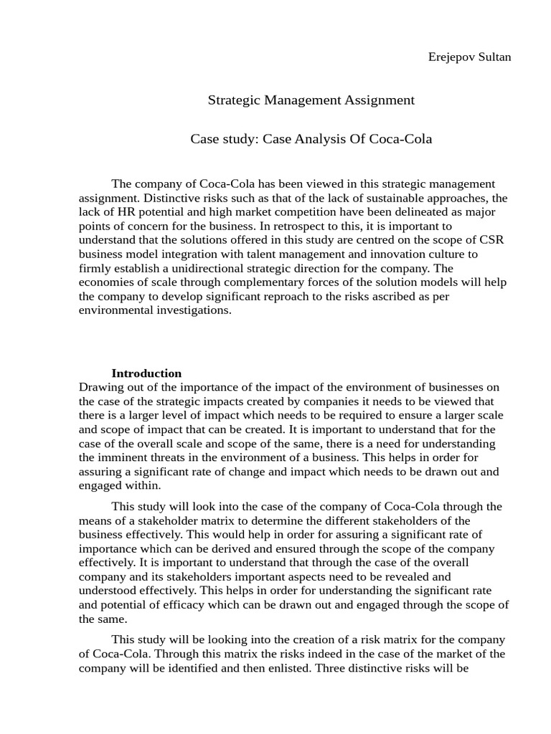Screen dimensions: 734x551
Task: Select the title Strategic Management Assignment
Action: (x=311, y=100)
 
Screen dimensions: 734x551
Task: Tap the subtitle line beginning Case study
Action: (x=311, y=138)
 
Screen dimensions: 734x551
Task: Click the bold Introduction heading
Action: (x=146, y=373)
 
